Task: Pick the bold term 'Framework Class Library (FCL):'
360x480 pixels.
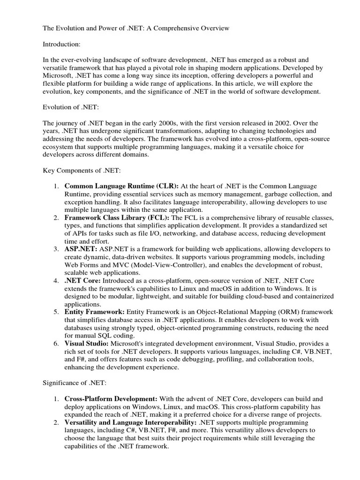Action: point(117,218)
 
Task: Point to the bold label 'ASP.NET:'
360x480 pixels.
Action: point(81,248)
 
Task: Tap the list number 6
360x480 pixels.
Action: point(55,344)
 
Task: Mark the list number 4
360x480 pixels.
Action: point(55,280)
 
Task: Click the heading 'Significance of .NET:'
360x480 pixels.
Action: point(75,383)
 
